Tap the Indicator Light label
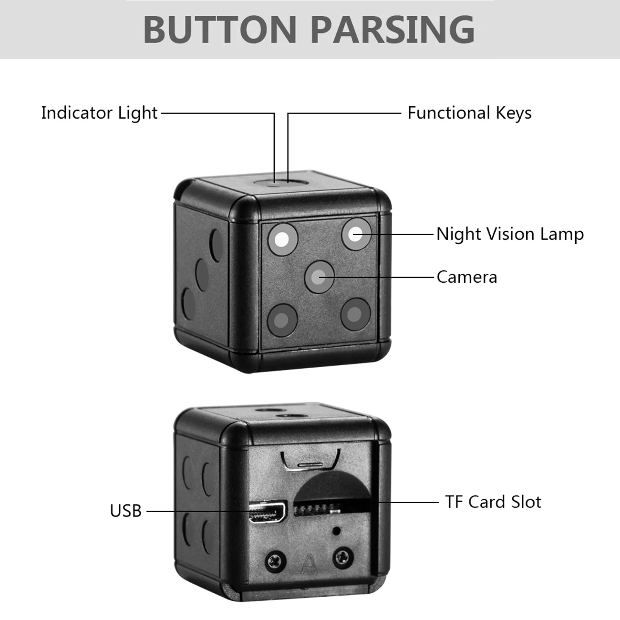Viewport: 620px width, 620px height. tap(99, 113)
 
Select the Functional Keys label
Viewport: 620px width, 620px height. tap(469, 113)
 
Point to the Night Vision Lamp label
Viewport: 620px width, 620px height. tap(510, 234)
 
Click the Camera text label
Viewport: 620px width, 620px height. tap(466, 277)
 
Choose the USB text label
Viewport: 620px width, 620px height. tap(126, 511)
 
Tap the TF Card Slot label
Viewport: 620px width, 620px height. tap(493, 502)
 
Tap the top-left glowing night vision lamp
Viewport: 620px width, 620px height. tap(282, 239)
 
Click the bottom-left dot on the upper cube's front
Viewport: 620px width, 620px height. tap(282, 319)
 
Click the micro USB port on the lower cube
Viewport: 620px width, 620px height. tap(267, 513)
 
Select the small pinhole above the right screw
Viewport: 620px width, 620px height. tap(338, 530)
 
